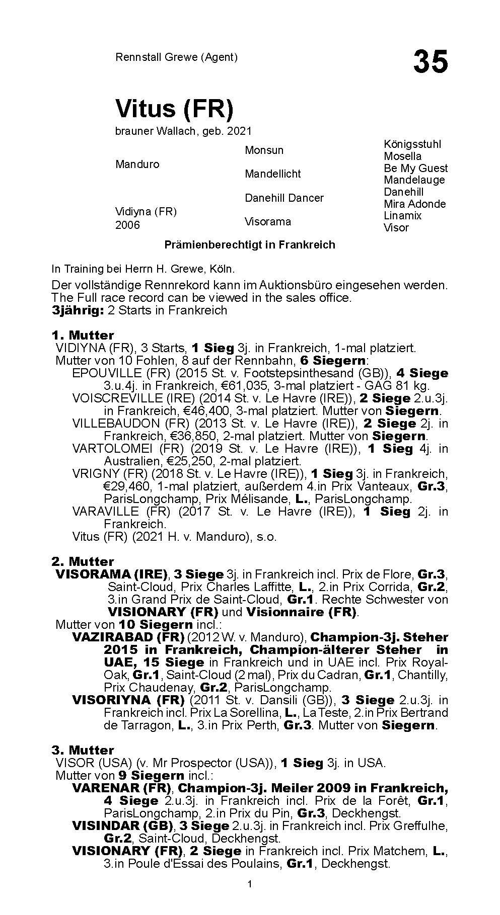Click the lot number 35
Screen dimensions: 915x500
tap(430, 62)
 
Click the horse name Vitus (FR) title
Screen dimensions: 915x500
tap(174, 108)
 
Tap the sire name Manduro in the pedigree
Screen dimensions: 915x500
tap(137, 164)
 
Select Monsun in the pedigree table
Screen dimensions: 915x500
tap(264, 150)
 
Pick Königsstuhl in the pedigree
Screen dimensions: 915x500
tap(412, 144)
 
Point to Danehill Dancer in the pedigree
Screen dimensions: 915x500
tap(284, 198)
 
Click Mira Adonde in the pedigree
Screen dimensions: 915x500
tap(414, 204)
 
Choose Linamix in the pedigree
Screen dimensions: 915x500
tap(402, 216)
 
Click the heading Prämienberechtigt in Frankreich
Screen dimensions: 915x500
tap(250, 245)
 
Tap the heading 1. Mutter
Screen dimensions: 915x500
tap(83, 335)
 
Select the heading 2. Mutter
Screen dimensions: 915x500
tap(83, 561)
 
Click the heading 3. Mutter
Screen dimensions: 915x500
tap(83, 750)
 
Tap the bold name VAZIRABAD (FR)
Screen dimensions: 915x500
tap(127, 637)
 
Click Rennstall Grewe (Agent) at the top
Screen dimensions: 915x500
tap(176, 57)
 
